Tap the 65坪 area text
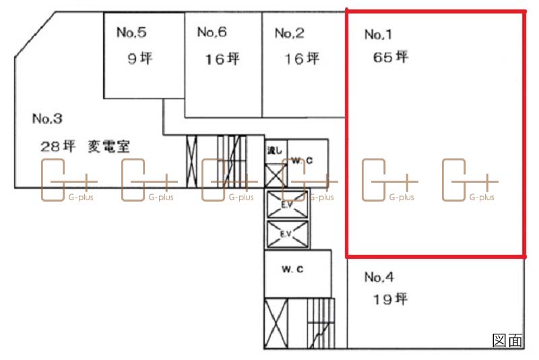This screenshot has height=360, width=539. [x=391, y=57]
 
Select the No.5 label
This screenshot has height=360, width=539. [x=131, y=31]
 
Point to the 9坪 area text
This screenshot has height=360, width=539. [x=140, y=58]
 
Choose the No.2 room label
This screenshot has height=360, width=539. [x=290, y=33]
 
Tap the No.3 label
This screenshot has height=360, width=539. [x=47, y=119]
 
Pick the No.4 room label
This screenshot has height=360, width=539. [x=379, y=276]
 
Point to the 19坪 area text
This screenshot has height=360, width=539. [x=391, y=299]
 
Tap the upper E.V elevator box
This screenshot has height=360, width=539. [x=286, y=204]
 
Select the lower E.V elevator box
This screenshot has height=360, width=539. [x=286, y=235]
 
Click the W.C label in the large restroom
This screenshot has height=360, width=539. [x=292, y=270]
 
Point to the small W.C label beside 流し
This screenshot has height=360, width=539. [x=301, y=160]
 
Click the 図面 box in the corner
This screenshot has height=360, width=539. [x=507, y=340]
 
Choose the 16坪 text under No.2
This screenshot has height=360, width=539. [x=301, y=59]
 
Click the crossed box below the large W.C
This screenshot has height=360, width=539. [x=276, y=322]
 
